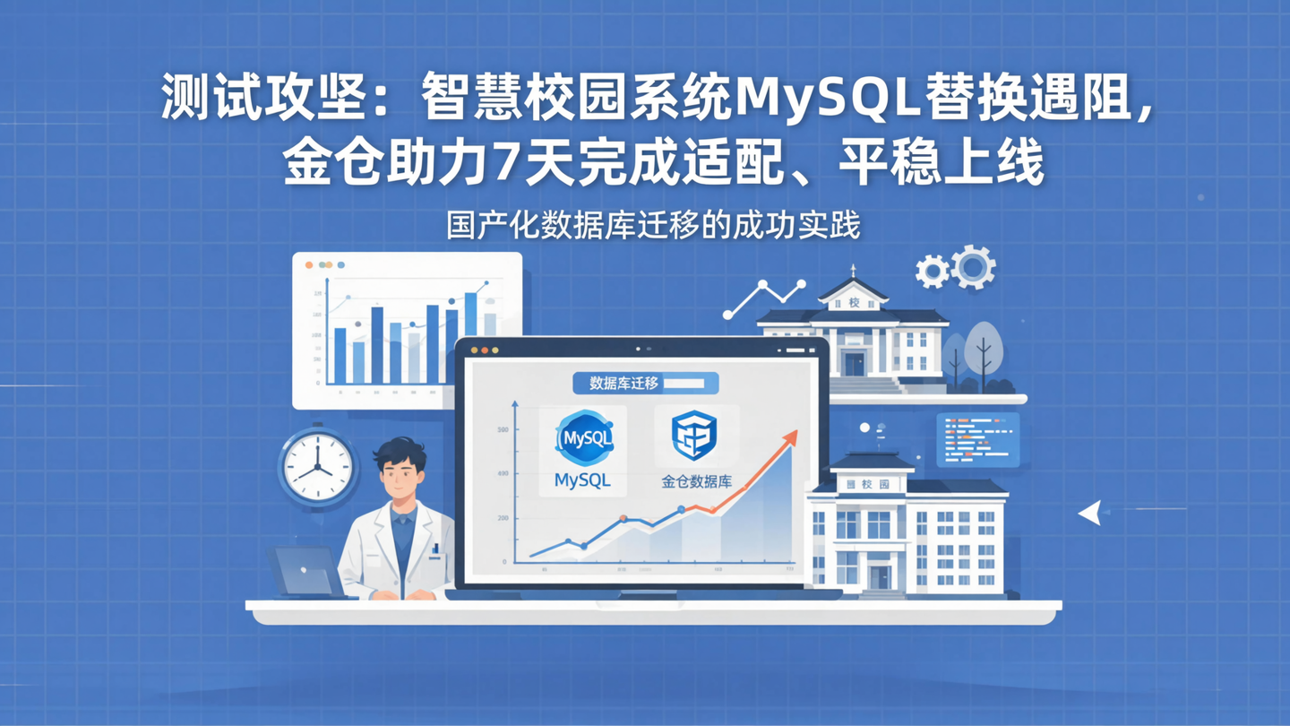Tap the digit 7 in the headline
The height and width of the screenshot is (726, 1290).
[504, 165]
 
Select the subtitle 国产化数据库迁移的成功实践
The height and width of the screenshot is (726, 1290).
[653, 225]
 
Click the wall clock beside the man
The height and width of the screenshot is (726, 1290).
[317, 466]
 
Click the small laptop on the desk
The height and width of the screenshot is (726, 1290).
[306, 572]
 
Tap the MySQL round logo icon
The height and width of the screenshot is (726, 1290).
[584, 438]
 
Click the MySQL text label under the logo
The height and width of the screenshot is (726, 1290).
[582, 480]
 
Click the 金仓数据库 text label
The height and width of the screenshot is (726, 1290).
[696, 481]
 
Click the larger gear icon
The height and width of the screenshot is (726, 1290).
[973, 266]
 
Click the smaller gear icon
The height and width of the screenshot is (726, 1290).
[933, 271]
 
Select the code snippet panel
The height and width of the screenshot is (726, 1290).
[977, 439]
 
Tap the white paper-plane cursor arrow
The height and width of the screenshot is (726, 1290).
[1090, 513]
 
